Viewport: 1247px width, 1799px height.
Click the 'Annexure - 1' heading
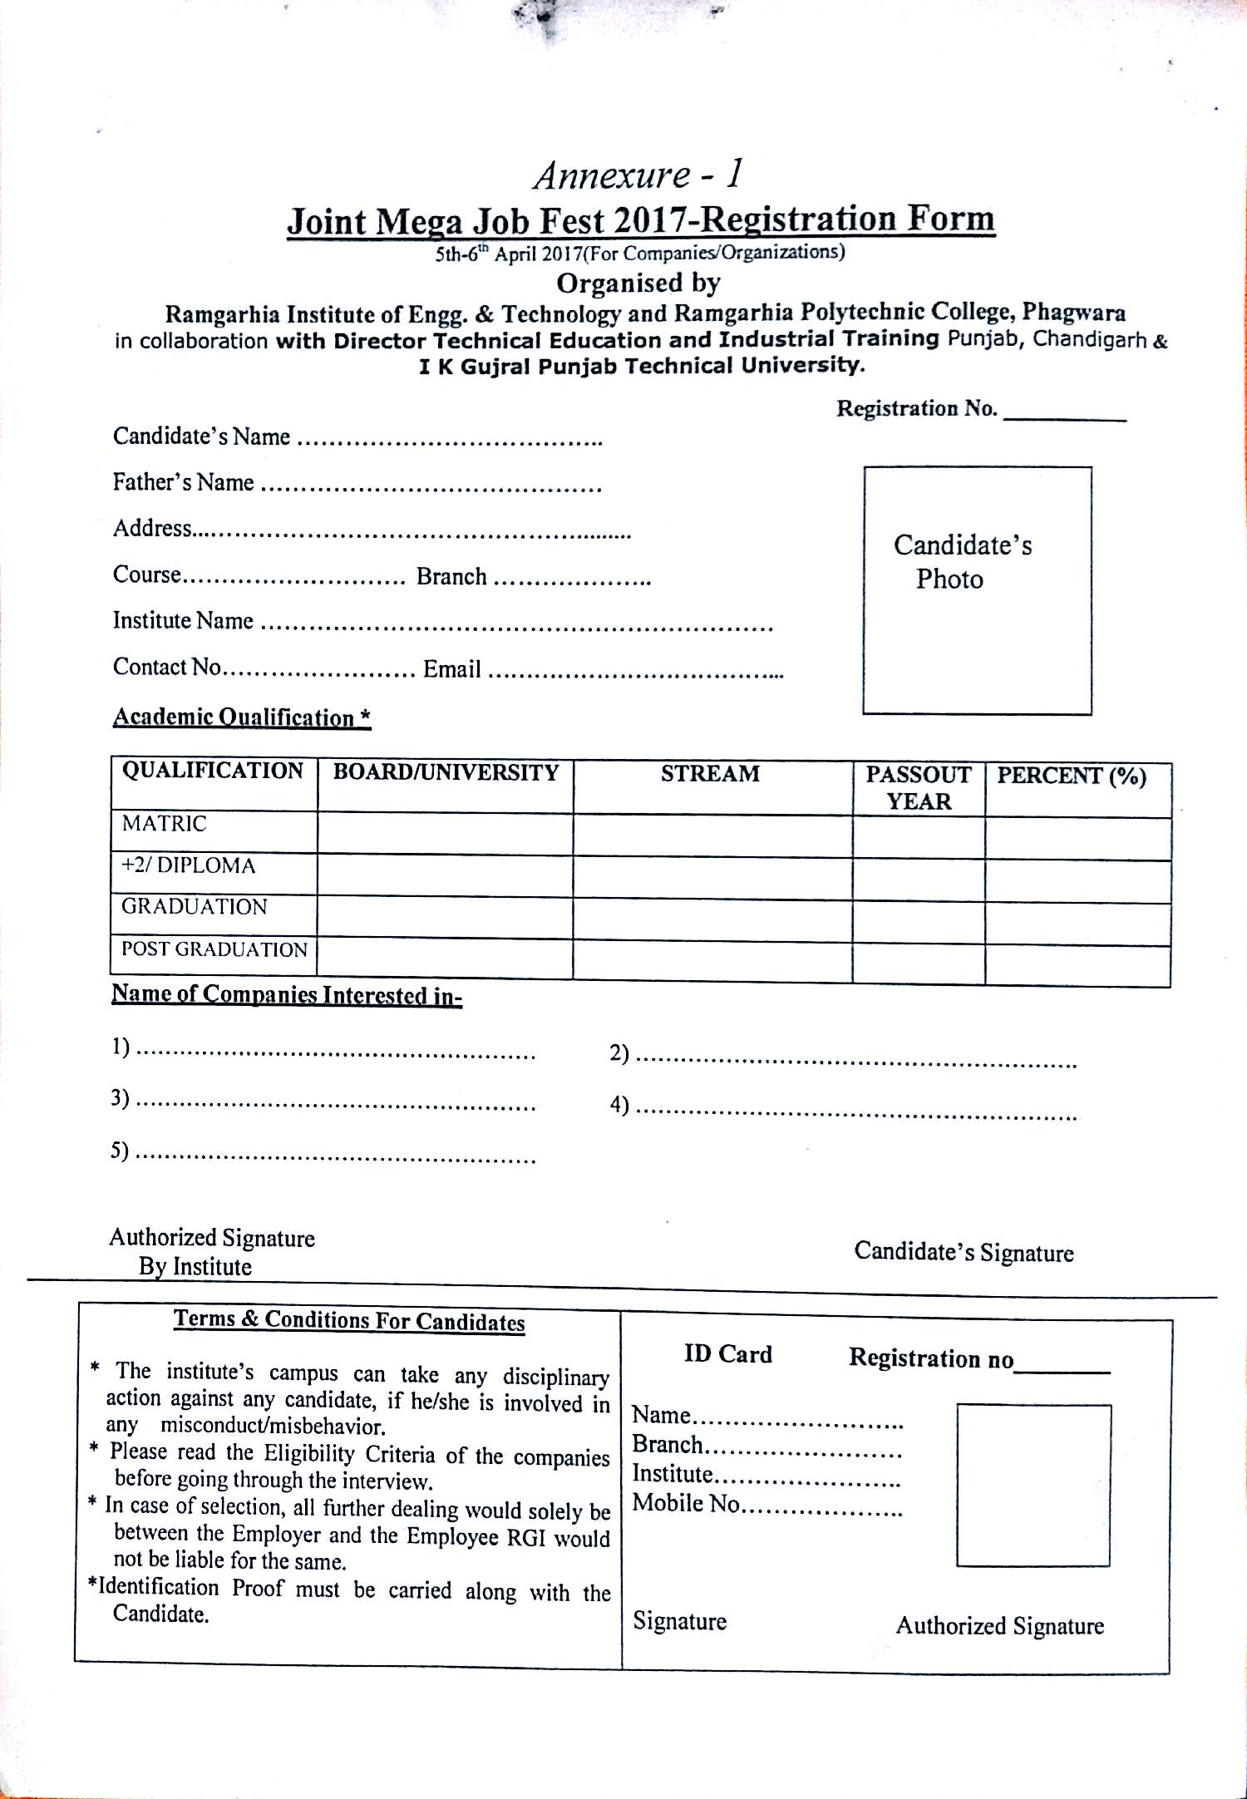coord(637,175)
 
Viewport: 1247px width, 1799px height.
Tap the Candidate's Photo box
coord(977,590)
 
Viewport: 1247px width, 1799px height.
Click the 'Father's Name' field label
coord(184,482)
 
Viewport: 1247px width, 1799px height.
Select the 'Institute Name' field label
coord(183,620)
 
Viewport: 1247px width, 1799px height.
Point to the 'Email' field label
coord(452,668)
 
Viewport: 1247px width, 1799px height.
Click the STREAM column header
coord(711,774)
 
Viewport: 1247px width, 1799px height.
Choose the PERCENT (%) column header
coord(1072,776)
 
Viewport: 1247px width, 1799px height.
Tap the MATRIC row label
coord(164,824)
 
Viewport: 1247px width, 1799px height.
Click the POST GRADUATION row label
coord(214,949)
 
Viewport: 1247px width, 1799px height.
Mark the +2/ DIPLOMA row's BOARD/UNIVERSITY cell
coord(445,876)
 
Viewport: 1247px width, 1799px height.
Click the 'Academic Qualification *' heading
coord(242,717)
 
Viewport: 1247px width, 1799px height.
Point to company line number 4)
coord(844,1107)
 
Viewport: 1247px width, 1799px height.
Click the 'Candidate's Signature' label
coord(964,1252)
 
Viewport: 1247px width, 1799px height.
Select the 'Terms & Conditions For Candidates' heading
coord(349,1321)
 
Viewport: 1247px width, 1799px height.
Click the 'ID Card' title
coord(728,1354)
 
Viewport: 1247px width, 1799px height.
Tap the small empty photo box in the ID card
coord(1033,1486)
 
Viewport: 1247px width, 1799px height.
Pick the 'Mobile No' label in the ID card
coord(686,1503)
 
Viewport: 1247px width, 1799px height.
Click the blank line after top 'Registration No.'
coord(1065,415)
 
